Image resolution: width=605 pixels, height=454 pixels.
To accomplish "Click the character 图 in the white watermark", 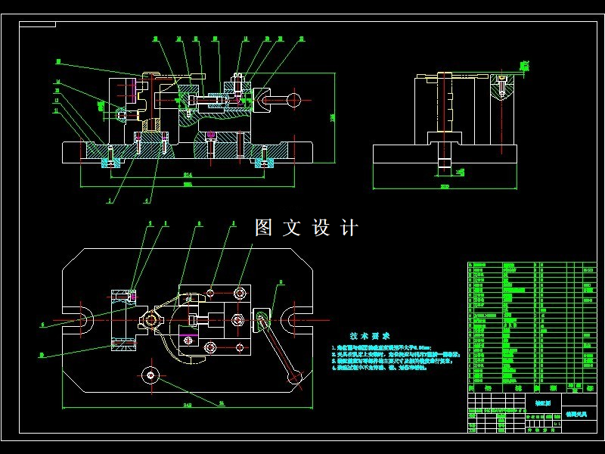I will point(264,227).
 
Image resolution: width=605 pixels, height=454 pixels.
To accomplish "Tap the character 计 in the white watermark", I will point(349,227).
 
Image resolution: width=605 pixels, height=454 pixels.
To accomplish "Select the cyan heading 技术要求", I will point(370,336).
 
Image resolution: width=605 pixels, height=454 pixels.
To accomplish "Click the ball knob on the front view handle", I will point(296,98).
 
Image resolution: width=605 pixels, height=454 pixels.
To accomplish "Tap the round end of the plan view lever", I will point(296,376).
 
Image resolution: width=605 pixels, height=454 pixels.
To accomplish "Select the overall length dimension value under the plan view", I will point(187,406).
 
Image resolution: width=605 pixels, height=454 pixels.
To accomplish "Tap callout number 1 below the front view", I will point(110,201).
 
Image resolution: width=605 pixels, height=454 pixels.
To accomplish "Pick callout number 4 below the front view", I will point(147,201).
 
